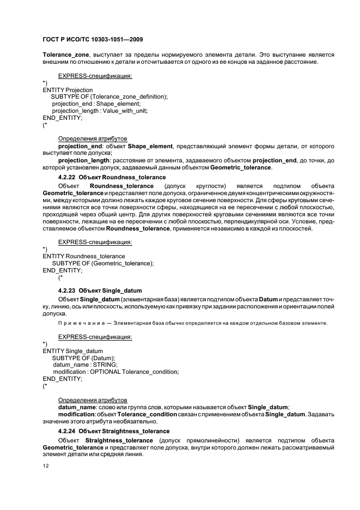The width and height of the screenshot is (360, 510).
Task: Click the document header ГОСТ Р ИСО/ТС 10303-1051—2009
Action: (x=93, y=40)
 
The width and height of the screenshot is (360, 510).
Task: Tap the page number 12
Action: (x=46, y=466)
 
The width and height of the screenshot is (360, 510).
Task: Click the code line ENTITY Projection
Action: (x=68, y=90)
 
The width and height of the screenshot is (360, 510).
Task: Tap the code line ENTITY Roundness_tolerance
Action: (x=84, y=256)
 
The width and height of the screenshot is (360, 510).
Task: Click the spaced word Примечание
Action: (x=80, y=323)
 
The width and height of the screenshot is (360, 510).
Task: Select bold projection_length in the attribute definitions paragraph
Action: (x=84, y=161)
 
